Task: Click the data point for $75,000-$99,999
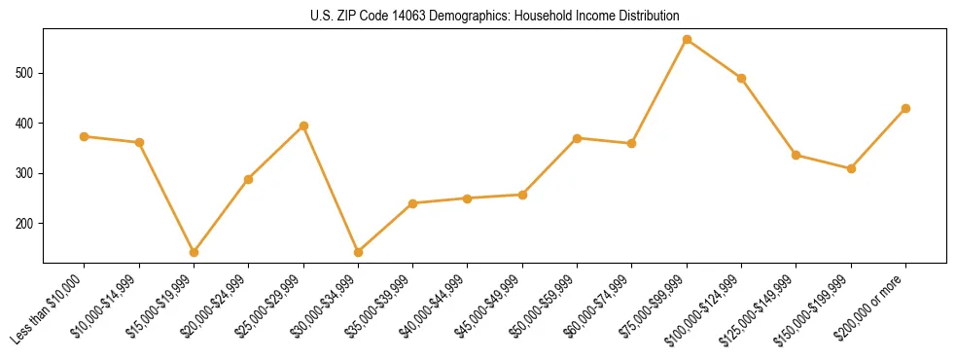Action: click(x=687, y=40)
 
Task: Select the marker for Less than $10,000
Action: click(x=85, y=136)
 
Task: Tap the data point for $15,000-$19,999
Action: click(x=194, y=252)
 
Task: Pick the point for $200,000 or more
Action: click(x=905, y=108)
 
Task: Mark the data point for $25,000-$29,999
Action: click(x=303, y=126)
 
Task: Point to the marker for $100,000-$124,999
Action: click(x=741, y=78)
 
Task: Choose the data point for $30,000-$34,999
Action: click(x=358, y=252)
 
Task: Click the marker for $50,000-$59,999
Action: click(x=577, y=138)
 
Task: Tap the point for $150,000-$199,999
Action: click(x=851, y=168)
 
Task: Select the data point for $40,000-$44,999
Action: click(x=468, y=198)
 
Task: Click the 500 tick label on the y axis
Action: click(x=28, y=73)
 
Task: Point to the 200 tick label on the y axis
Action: click(x=28, y=224)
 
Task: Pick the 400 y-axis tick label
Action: click(x=28, y=124)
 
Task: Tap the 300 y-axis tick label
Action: click(x=28, y=173)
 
